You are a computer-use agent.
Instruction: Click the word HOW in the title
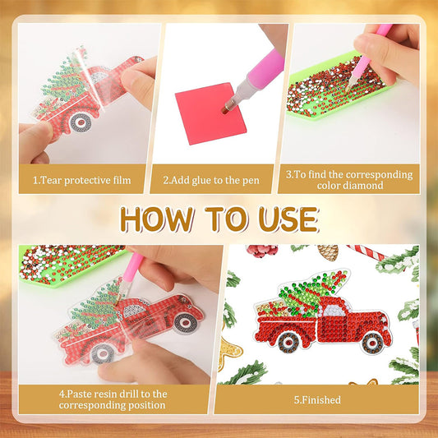click(154, 219)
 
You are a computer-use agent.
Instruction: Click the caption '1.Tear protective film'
click(82, 178)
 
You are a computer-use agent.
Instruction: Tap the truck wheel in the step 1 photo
click(80, 122)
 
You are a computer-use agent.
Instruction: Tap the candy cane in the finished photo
click(365, 252)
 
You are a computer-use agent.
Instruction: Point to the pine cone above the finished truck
click(328, 251)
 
